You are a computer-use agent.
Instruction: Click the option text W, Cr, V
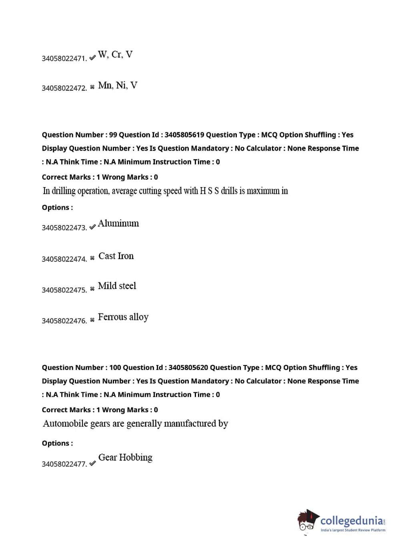pos(115,54)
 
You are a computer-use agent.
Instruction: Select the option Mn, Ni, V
pos(118,85)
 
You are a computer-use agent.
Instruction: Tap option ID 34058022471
pos(64,58)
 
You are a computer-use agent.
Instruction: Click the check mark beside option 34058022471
pos(92,58)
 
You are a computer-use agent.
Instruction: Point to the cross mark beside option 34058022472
pos(92,87)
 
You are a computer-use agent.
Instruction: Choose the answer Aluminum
pos(118,223)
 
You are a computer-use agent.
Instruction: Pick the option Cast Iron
pos(116,256)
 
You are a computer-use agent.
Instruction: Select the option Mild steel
pos(117,285)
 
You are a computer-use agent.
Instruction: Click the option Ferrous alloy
pos(123,317)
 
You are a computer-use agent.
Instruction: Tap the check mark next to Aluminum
pos(92,227)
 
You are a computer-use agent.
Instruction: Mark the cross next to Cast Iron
pos(92,258)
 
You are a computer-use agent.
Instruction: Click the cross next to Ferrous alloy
pos(92,319)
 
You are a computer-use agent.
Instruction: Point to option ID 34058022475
pos(64,290)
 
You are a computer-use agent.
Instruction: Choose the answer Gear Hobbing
pos(125,457)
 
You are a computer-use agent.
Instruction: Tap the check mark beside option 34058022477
pos(92,463)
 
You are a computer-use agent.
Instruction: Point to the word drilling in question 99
pos(64,191)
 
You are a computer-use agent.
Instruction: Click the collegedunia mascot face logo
pos(308,521)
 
